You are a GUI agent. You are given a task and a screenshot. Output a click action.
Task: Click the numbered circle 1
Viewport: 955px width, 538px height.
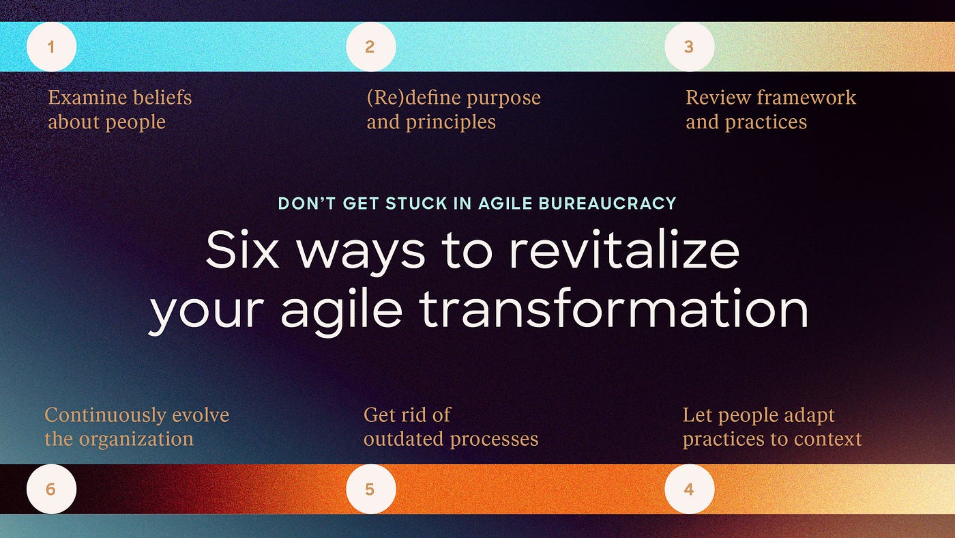[x=52, y=46]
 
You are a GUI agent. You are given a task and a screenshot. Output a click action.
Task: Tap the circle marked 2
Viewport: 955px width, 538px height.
[x=371, y=46]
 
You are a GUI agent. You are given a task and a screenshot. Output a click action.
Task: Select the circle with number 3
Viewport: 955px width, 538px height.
[x=690, y=46]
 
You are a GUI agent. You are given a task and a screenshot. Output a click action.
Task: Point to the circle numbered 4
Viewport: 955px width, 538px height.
[x=690, y=489]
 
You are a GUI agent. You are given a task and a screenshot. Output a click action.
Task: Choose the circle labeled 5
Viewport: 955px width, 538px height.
[x=371, y=489]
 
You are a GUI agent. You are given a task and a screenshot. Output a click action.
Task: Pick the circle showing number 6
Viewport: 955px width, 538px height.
[x=52, y=489]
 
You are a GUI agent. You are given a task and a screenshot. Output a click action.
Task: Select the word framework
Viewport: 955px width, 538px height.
[x=806, y=97]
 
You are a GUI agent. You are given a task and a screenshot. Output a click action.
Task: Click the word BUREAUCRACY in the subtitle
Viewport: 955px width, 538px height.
[x=608, y=203]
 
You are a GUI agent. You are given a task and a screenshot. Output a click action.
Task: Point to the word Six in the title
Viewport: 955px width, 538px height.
[x=242, y=250]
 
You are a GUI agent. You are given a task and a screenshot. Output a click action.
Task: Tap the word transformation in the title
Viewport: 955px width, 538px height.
[x=613, y=308]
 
